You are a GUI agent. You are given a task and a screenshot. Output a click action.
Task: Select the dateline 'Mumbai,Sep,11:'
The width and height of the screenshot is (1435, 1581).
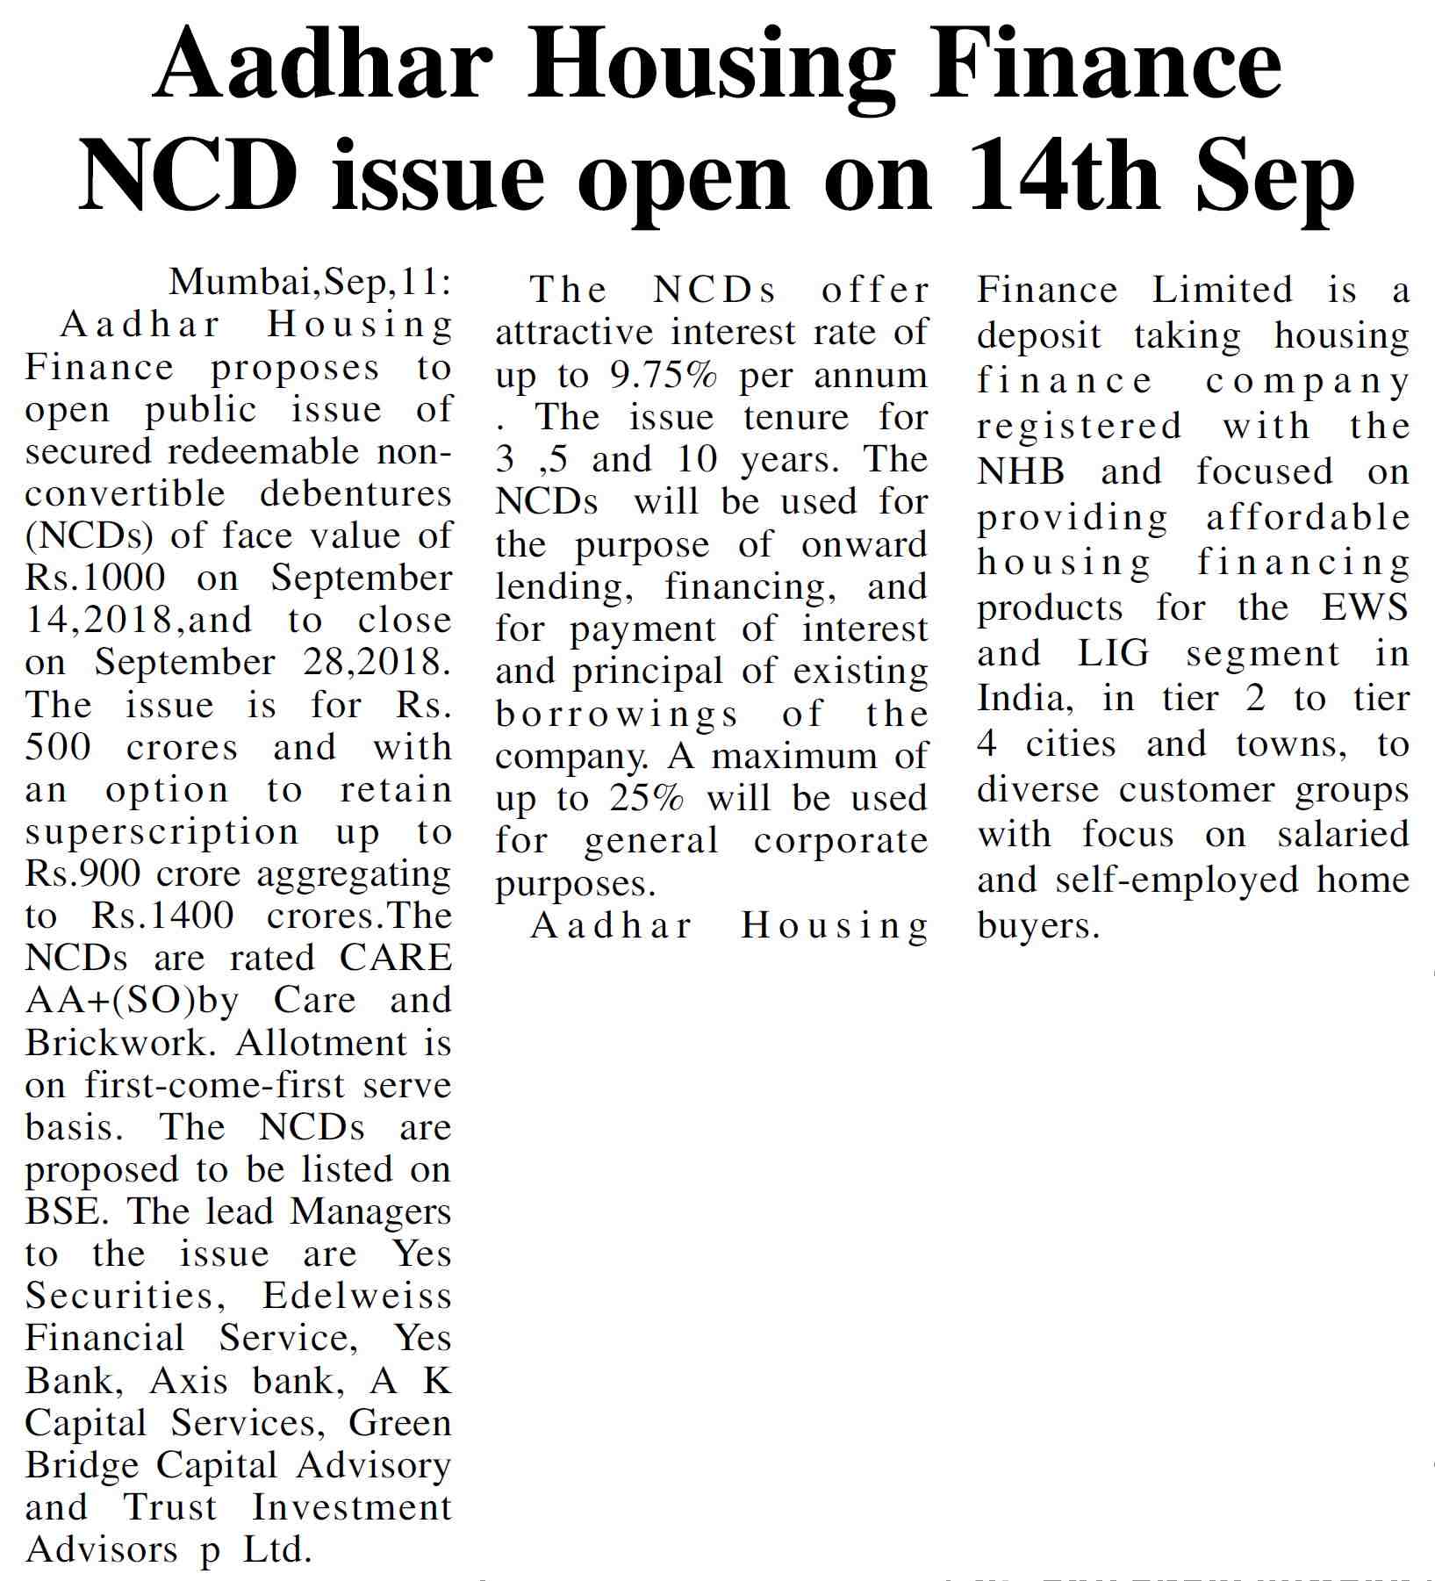(310, 283)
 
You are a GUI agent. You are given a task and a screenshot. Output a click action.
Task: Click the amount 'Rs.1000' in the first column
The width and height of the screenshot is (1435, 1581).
(95, 579)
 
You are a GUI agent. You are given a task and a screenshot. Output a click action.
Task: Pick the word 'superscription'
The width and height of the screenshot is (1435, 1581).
(161, 832)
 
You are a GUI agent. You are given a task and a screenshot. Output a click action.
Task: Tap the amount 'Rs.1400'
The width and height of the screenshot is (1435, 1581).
(162, 916)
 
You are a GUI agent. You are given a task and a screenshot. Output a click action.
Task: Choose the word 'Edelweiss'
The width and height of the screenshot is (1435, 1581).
(356, 1297)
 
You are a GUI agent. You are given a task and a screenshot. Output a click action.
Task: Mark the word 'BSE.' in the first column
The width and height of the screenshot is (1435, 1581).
(67, 1212)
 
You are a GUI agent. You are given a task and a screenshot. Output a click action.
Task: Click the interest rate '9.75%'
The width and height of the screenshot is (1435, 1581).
(663, 376)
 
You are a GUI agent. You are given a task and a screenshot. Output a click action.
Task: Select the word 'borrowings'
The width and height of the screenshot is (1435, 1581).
(616, 715)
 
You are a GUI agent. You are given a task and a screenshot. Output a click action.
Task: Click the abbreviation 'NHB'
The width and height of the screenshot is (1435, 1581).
(1021, 472)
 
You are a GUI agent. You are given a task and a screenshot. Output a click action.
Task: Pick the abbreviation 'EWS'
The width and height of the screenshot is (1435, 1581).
(1365, 608)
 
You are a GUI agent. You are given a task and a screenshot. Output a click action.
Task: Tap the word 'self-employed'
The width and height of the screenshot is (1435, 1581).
(1176, 880)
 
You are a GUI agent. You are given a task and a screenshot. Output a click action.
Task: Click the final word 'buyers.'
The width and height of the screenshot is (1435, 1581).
(1037, 926)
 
